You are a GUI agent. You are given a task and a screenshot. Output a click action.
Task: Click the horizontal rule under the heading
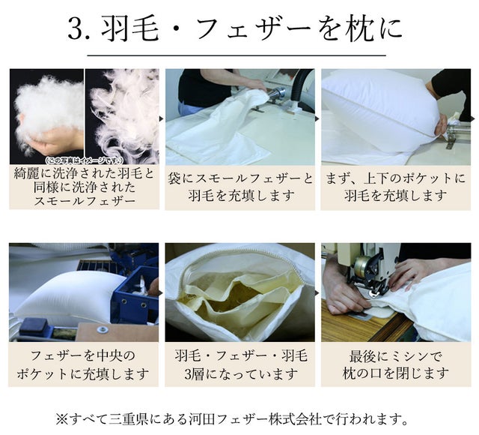[x=237, y=55]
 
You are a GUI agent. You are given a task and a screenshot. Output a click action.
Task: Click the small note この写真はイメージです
[x=84, y=160]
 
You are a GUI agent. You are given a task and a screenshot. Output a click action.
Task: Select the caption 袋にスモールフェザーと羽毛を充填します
[x=240, y=187]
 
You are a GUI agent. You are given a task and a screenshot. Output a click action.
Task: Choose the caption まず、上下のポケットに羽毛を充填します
[x=396, y=187]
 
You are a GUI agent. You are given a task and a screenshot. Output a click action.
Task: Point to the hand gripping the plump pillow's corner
[x=441, y=127]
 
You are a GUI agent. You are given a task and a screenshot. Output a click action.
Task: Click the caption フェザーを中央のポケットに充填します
[x=83, y=364]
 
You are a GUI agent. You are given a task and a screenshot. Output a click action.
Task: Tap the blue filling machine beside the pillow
[x=135, y=294]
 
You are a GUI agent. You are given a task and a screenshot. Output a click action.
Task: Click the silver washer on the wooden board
[x=103, y=330]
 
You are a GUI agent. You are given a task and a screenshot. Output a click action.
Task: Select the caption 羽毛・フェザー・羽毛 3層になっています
[x=241, y=364]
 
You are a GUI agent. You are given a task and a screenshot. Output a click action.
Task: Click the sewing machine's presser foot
[x=373, y=292]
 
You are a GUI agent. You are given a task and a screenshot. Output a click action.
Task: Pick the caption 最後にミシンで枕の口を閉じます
[x=396, y=364]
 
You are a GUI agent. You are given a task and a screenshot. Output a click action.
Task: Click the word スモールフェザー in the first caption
[x=85, y=201]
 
